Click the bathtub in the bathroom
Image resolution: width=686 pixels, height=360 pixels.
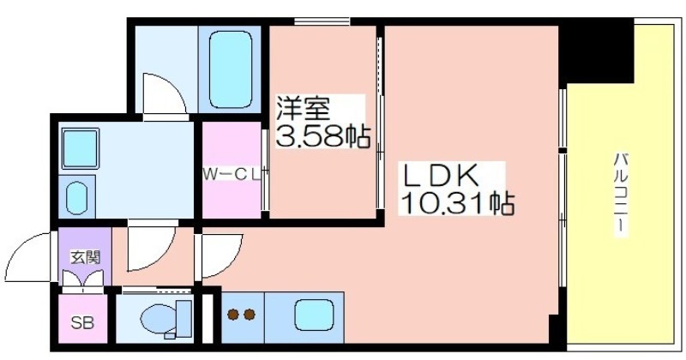[231, 69]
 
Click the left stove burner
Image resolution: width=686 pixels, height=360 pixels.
[233, 314]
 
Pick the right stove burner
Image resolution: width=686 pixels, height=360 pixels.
[250, 314]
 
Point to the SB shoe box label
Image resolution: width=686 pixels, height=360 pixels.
[82, 323]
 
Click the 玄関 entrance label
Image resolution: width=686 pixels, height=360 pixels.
[85, 258]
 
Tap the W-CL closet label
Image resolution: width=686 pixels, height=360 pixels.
[231, 175]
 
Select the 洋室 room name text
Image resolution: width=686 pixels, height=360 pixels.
[303, 108]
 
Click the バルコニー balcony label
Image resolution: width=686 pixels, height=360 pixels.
[620, 195]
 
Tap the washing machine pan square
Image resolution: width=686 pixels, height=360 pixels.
[80, 148]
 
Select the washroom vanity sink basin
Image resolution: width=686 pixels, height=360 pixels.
[77, 199]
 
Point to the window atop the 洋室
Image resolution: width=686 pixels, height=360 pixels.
[322, 21]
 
